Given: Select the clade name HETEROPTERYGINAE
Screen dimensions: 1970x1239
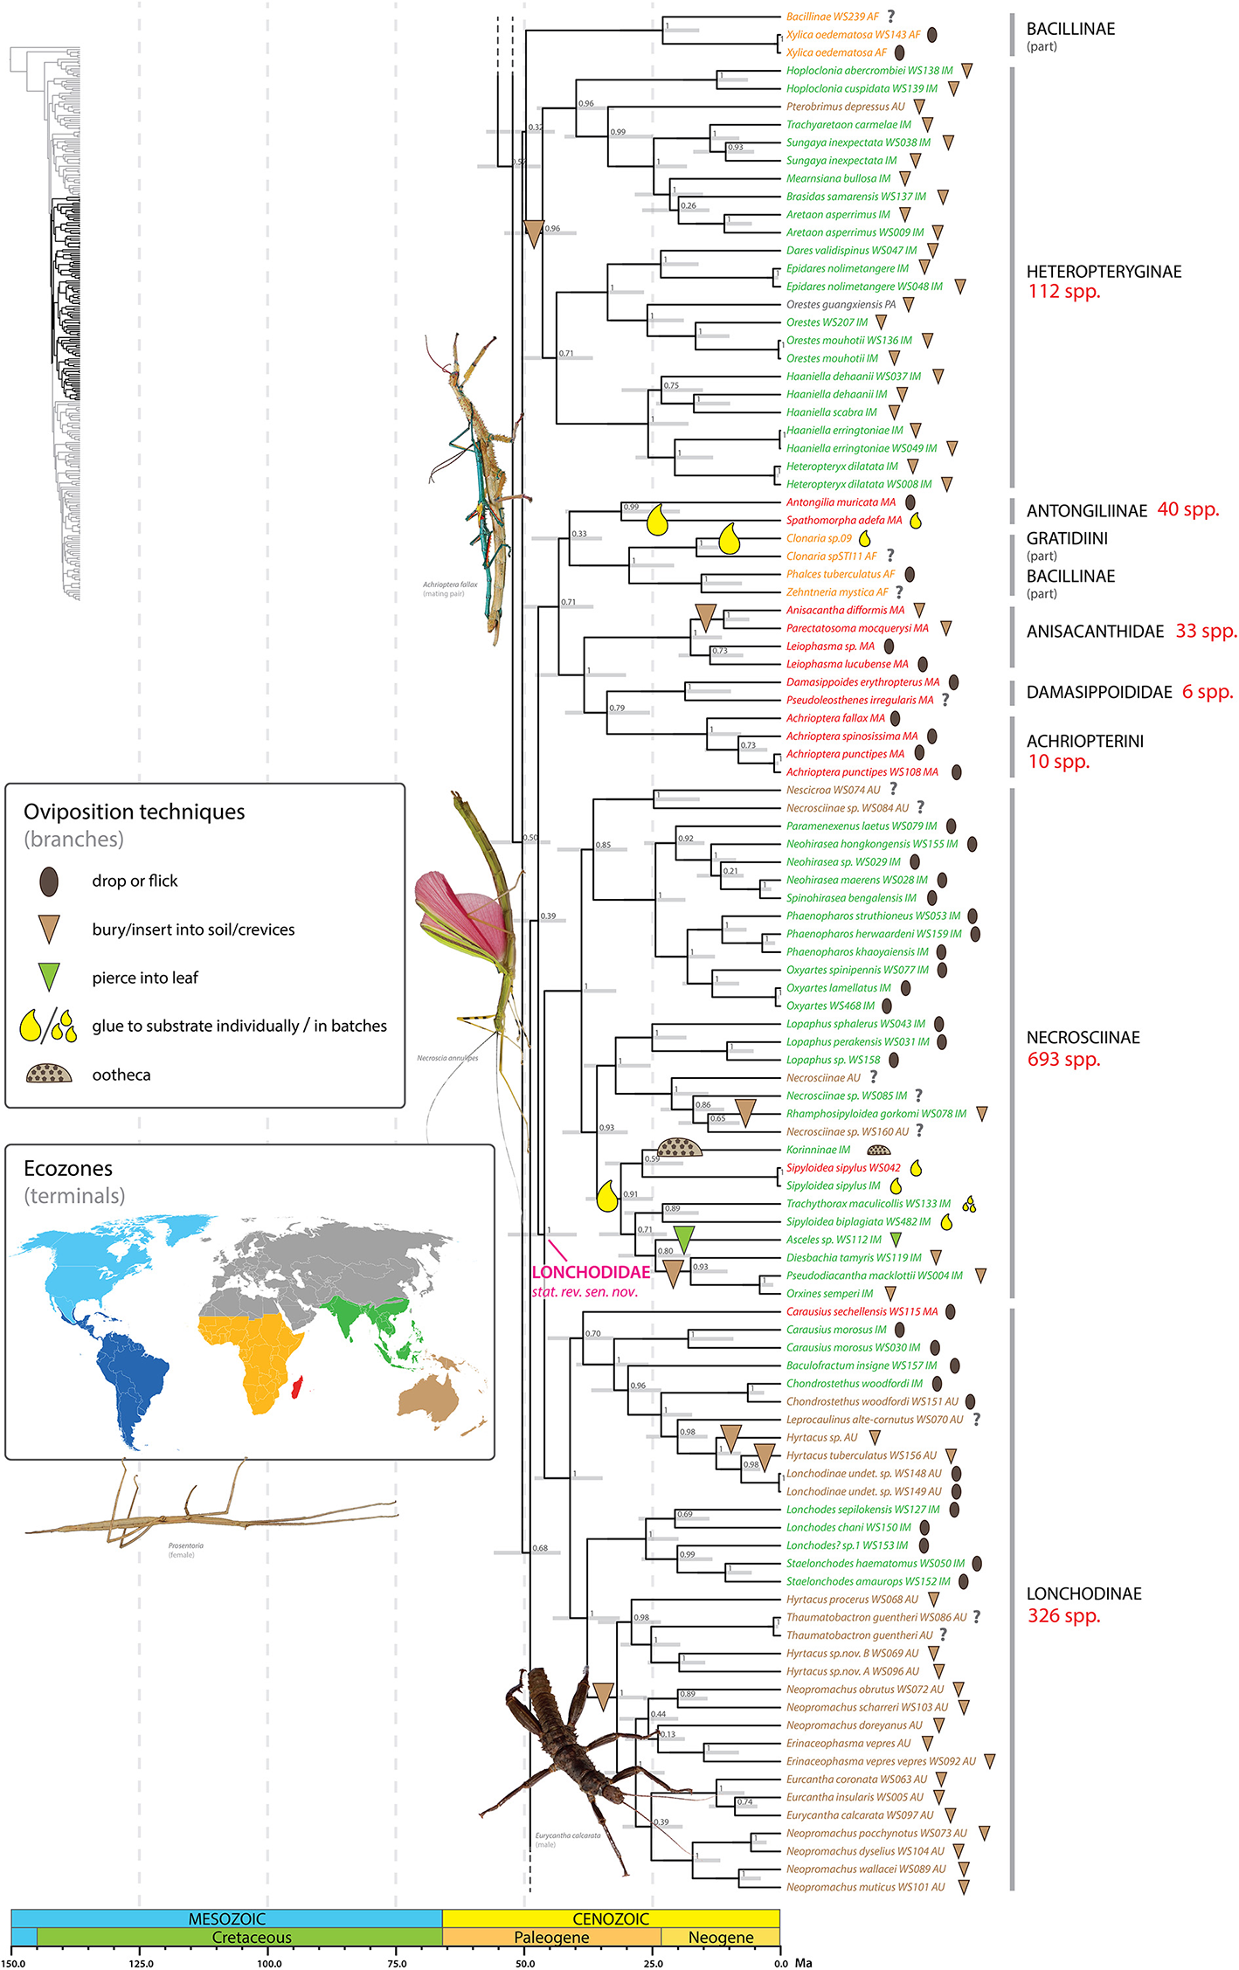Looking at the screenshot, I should (1104, 272).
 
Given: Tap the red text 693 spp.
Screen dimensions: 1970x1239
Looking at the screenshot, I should (1063, 1060).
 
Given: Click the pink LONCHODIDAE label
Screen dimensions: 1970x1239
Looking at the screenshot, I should (591, 1272).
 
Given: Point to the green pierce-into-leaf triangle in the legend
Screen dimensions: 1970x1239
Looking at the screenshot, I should (50, 977).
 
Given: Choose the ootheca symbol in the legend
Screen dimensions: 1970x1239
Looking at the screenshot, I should (49, 1074).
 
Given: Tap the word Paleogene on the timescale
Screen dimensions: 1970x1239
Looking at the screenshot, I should (551, 1937).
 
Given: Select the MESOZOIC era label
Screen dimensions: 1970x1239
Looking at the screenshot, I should (226, 1918).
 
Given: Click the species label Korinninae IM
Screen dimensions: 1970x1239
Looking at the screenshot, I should (818, 1150).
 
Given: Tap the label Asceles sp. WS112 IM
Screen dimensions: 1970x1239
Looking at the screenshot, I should (834, 1240).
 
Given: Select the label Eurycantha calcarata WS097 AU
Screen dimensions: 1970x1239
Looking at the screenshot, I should (860, 1814).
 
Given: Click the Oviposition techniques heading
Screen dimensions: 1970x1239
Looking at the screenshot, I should (134, 812).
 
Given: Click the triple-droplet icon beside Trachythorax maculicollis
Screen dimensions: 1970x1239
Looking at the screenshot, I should (968, 1205).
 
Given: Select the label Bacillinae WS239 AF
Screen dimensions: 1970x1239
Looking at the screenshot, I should (832, 17).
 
